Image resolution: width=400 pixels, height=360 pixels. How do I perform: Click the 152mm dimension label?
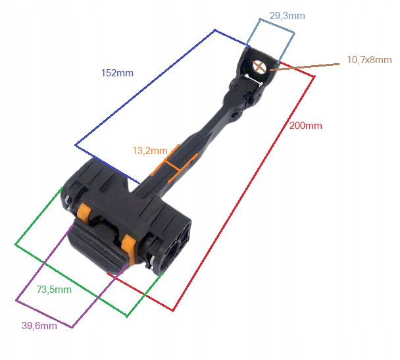pyautogui.click(x=116, y=73)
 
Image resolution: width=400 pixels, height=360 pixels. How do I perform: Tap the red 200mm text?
pyautogui.click(x=306, y=126)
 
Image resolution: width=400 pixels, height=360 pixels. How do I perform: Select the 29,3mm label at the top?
pyautogui.click(x=287, y=16)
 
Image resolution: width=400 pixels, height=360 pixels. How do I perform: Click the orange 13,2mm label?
pyautogui.click(x=149, y=150)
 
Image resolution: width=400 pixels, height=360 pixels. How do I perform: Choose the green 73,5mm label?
pyautogui.click(x=54, y=289)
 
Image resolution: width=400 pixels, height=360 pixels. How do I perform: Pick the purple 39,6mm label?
pyautogui.click(x=39, y=324)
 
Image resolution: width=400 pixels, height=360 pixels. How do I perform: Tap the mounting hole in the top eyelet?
pyautogui.click(x=259, y=65)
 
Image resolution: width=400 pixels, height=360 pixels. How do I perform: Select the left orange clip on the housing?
pyautogui.click(x=84, y=213)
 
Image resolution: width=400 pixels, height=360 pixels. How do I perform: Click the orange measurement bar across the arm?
pyautogui.click(x=174, y=165)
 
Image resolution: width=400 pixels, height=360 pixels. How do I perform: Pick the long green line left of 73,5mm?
pyautogui.click(x=37, y=217)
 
